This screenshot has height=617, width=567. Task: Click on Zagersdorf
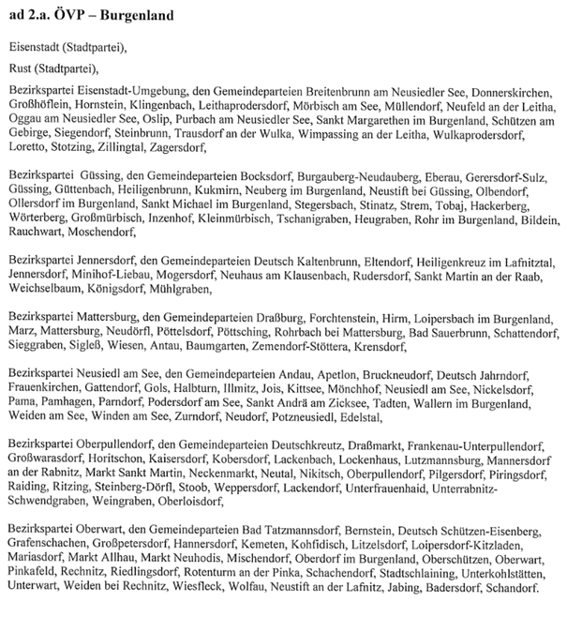[x=176, y=148]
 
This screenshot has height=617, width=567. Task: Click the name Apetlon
[x=324, y=373]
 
